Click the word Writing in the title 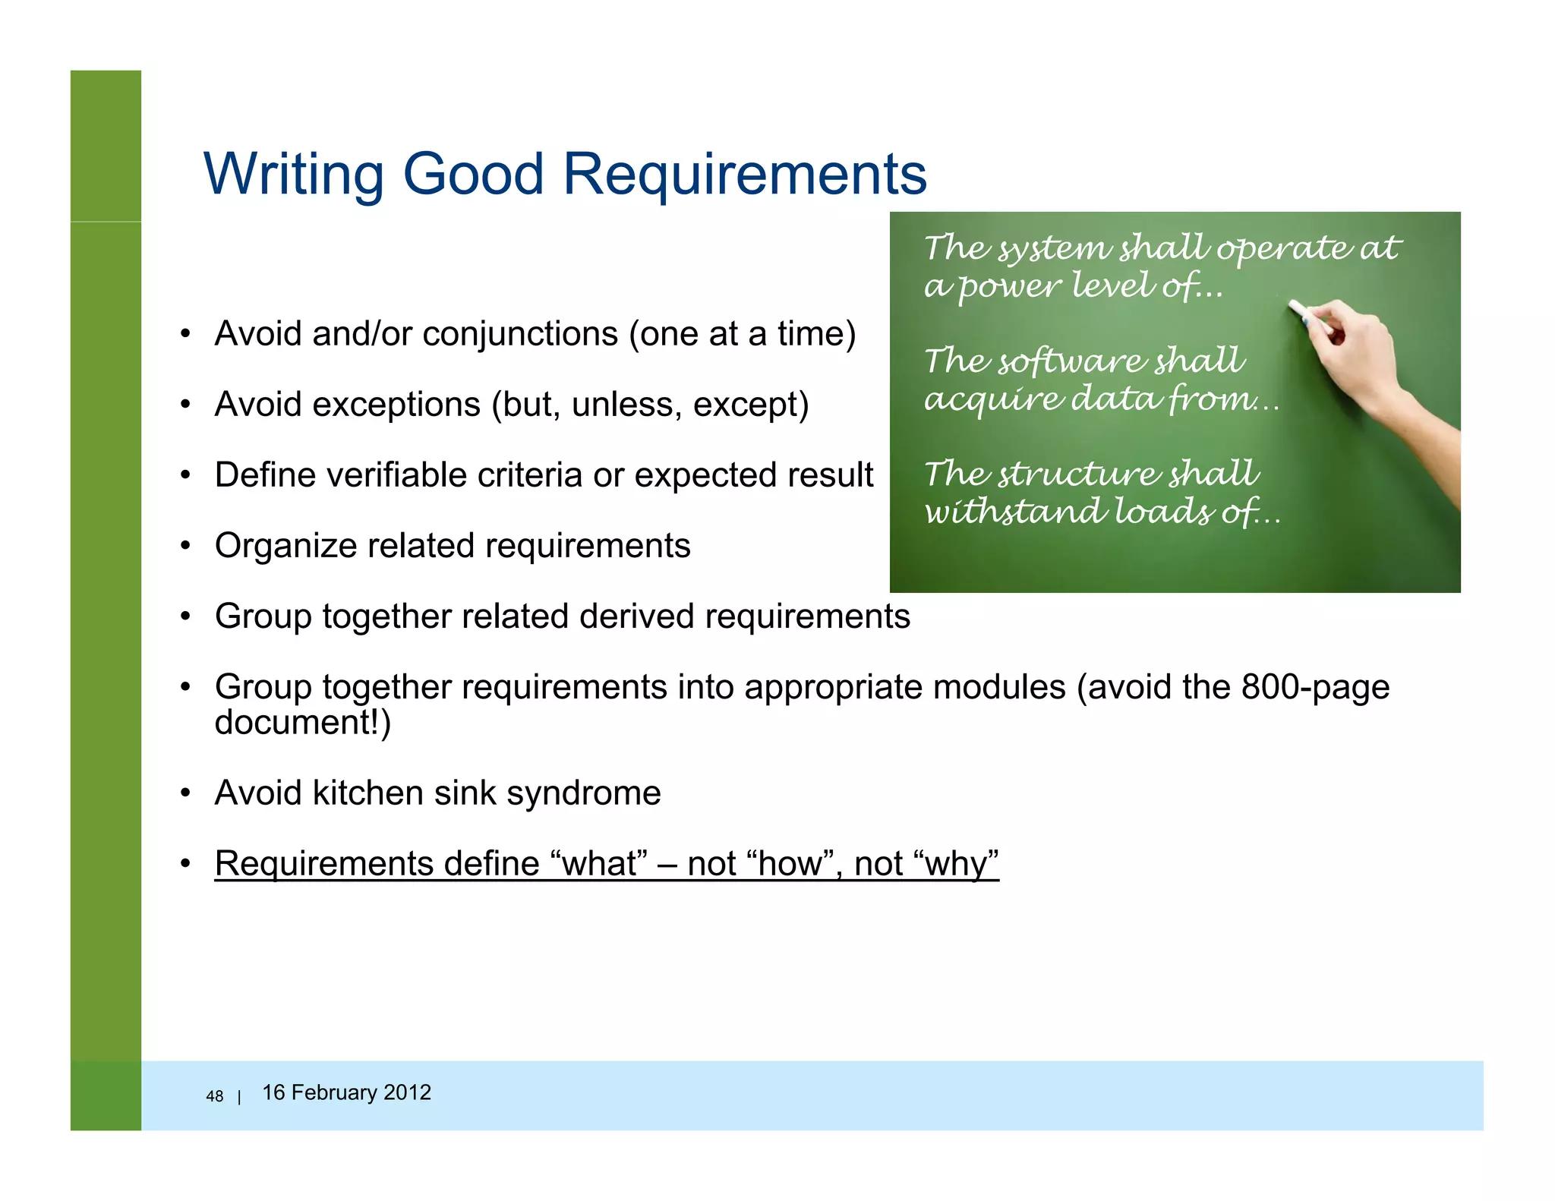(294, 175)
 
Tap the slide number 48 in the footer (215, 1096)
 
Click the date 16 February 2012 (346, 1092)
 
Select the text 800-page (1315, 687)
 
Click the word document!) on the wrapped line (303, 722)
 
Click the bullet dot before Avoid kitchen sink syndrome (185, 794)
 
